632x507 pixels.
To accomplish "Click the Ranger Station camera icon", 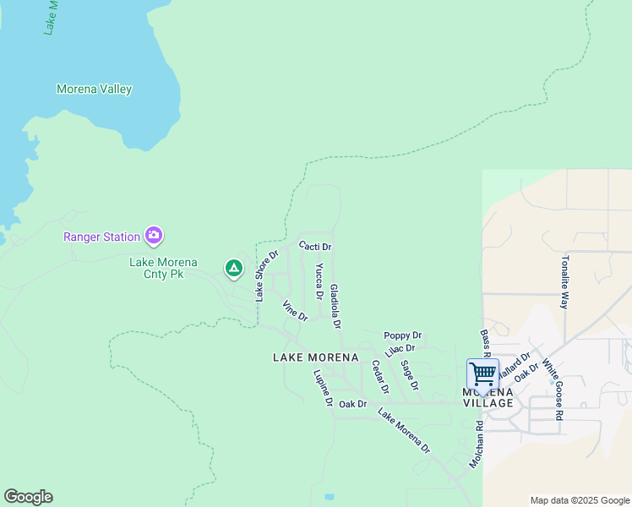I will (x=153, y=235).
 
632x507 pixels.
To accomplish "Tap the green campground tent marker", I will (x=234, y=269).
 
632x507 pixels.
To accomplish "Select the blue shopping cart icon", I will (x=482, y=373).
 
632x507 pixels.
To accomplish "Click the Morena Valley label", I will (x=94, y=89).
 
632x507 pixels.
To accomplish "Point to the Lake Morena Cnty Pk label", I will (x=156, y=268).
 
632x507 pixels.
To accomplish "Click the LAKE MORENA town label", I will (x=316, y=357).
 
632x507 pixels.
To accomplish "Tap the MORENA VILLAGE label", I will (x=488, y=397).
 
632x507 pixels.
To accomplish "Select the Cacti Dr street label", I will (x=315, y=246).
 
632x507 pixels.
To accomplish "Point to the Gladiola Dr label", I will (x=335, y=306).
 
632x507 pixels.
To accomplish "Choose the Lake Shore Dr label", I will (x=267, y=275).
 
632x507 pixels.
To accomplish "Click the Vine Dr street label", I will (x=295, y=311).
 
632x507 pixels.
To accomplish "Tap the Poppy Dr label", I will (x=402, y=335).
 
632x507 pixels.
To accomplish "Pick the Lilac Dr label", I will (x=400, y=350).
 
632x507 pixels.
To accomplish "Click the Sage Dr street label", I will (x=410, y=374).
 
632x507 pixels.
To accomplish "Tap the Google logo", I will (x=28, y=497).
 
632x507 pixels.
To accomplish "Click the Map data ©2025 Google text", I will (x=579, y=500).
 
